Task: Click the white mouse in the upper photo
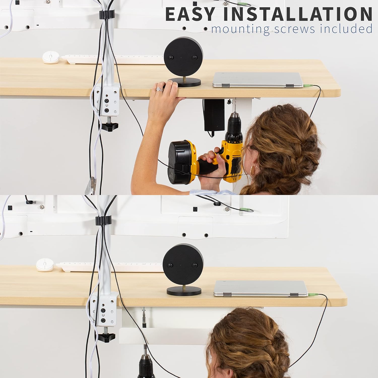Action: pos(51,57)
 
